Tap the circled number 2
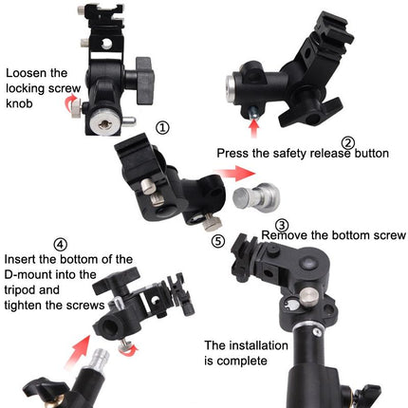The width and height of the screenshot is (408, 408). coord(348,144)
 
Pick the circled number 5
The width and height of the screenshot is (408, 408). coord(217,241)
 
